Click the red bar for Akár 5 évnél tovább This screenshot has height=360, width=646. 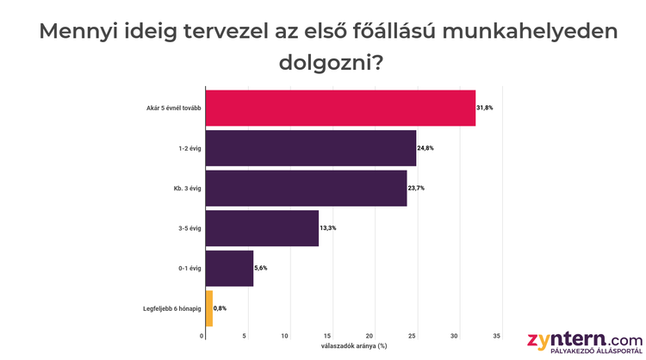pos(340,108)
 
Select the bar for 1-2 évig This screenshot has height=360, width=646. pos(311,148)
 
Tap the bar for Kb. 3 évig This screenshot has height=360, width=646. pos(306,188)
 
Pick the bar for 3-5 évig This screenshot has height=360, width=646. pos(263,228)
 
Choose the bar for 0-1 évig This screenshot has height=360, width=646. pos(230,268)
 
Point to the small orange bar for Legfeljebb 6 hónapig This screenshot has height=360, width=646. pos(209,307)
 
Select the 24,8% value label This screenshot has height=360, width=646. pos(425,148)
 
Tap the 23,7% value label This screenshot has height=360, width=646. pos(416,188)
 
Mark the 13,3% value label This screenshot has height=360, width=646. pos(328,228)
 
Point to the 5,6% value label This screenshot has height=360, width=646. pos(261,268)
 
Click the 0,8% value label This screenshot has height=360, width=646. pos(221,307)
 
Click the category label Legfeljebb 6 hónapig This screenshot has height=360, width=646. pos(171,307)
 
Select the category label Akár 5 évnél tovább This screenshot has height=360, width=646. pos(174,108)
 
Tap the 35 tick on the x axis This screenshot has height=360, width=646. pos(497,336)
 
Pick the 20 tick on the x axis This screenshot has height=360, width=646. pos(370,336)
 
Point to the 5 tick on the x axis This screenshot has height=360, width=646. pos(245,336)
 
